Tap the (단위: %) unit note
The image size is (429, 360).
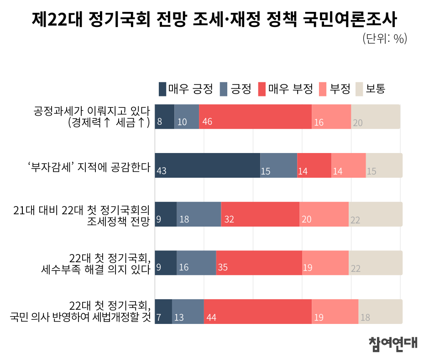(384, 39)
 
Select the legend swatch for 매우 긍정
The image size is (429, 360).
(162, 89)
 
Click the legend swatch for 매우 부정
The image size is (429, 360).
(262, 89)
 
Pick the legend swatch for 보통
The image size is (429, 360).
(359, 89)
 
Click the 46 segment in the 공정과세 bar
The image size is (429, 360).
(255, 116)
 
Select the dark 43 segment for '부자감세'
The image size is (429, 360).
(207, 165)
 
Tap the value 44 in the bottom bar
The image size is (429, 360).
(211, 317)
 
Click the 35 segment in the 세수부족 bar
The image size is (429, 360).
(259, 263)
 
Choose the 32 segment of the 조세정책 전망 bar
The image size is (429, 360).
(260, 214)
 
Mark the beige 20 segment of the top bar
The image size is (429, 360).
(376, 116)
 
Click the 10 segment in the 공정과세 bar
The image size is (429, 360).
(187, 116)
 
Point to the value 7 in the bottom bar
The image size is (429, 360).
(159, 317)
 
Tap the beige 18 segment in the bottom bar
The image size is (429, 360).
(380, 312)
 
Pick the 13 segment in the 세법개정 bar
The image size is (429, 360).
(188, 312)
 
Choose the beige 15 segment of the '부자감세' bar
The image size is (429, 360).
(384, 165)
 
